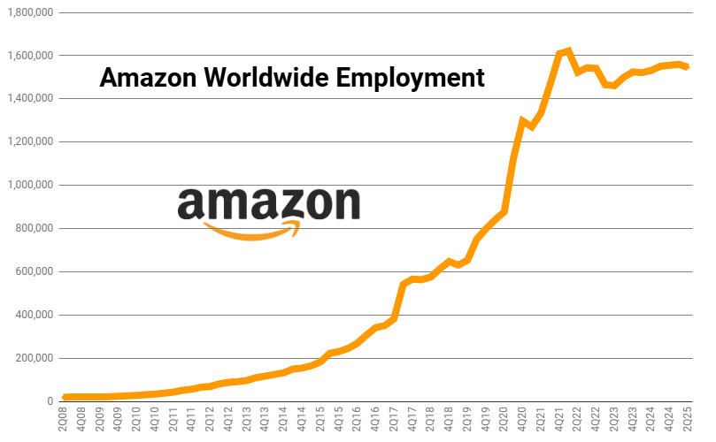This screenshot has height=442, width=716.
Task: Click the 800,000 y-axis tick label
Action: (34, 229)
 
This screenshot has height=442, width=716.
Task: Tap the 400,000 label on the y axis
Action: (34, 316)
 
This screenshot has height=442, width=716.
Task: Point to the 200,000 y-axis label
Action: (34, 359)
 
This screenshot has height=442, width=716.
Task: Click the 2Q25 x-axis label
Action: (687, 420)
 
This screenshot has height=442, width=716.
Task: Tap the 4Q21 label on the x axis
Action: (559, 420)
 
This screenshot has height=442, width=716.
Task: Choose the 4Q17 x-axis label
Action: (412, 420)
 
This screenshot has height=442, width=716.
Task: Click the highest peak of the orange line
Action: (568, 50)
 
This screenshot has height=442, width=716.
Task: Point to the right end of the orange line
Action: (687, 66)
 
